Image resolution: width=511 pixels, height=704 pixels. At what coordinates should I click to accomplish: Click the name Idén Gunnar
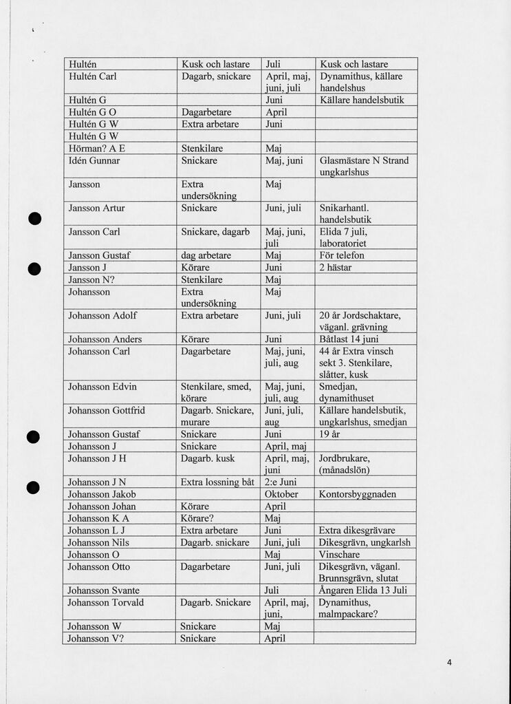(94, 160)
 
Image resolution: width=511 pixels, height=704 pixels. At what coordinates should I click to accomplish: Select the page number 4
(449, 663)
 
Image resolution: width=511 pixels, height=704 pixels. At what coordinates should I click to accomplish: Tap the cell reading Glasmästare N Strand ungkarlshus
(364, 166)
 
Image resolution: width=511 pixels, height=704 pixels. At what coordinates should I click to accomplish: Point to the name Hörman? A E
(97, 148)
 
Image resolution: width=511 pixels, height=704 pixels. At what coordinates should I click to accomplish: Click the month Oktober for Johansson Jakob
(281, 494)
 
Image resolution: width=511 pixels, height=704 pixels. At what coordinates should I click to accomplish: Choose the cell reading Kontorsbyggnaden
(358, 494)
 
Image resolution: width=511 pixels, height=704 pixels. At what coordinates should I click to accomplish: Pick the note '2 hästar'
(336, 267)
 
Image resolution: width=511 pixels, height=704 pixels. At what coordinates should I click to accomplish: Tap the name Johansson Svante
(104, 590)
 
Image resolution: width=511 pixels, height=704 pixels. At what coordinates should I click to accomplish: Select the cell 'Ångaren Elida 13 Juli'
(363, 590)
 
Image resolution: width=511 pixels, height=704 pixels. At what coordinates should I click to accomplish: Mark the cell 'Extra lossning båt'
(217, 482)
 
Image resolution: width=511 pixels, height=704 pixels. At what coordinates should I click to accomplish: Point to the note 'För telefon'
(342, 255)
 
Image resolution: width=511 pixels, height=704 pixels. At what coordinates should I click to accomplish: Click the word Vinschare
(339, 554)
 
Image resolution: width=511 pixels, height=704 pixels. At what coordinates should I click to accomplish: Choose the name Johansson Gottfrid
(107, 410)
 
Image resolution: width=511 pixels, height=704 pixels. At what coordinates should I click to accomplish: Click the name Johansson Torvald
(106, 602)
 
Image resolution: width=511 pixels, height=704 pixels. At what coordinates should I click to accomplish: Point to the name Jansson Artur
(97, 207)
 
